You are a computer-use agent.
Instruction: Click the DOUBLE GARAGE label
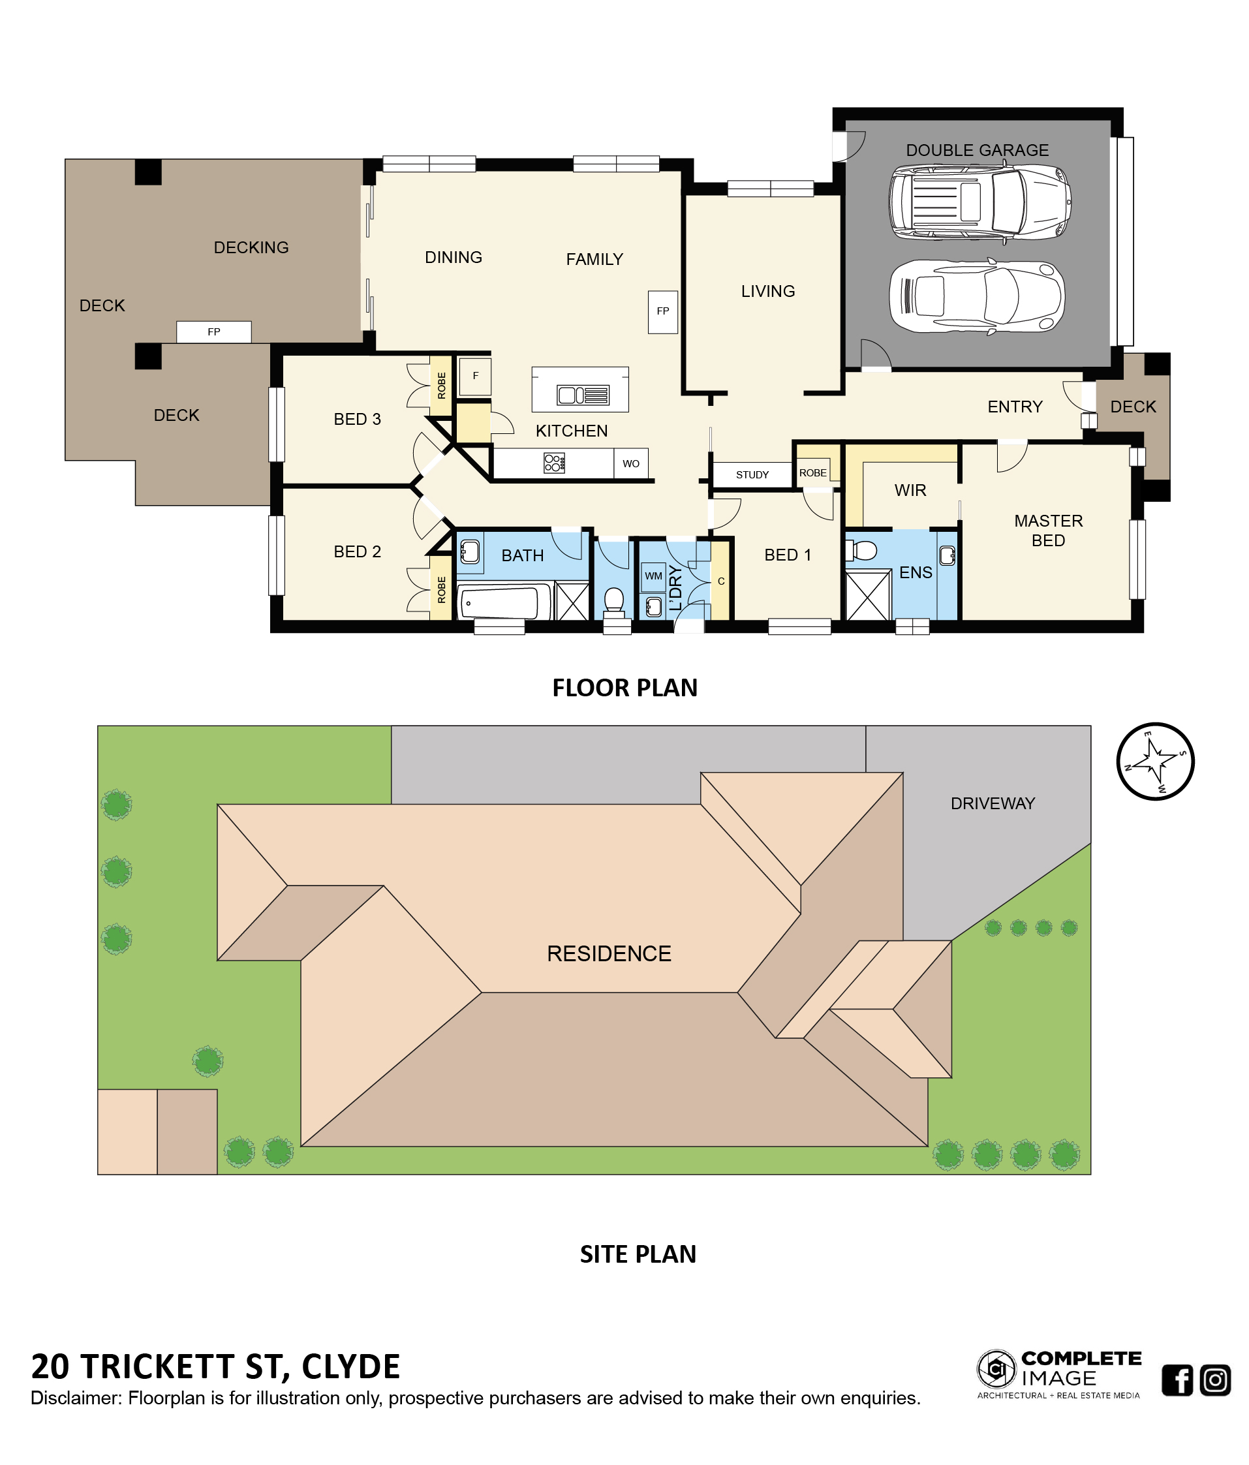[977, 150]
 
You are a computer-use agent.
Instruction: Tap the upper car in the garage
[979, 202]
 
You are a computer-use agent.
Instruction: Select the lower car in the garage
[976, 296]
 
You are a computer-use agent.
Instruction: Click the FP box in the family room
[662, 311]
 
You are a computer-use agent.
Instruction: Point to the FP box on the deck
[213, 332]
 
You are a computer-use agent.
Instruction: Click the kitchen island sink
[583, 395]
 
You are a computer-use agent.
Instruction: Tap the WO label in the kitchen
[630, 464]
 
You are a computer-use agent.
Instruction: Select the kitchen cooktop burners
[554, 463]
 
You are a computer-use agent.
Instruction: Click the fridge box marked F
[475, 376]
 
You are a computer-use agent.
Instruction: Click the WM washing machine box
[653, 576]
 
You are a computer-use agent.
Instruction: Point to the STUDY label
[752, 475]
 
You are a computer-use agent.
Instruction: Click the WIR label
[910, 490]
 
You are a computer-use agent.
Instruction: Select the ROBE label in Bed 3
[442, 386]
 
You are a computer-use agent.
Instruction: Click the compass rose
[1155, 762]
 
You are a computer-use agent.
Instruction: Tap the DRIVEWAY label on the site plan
[993, 803]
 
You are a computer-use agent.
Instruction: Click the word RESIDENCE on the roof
[609, 953]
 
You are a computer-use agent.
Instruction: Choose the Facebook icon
[1177, 1380]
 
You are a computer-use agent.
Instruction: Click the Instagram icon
[1215, 1380]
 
